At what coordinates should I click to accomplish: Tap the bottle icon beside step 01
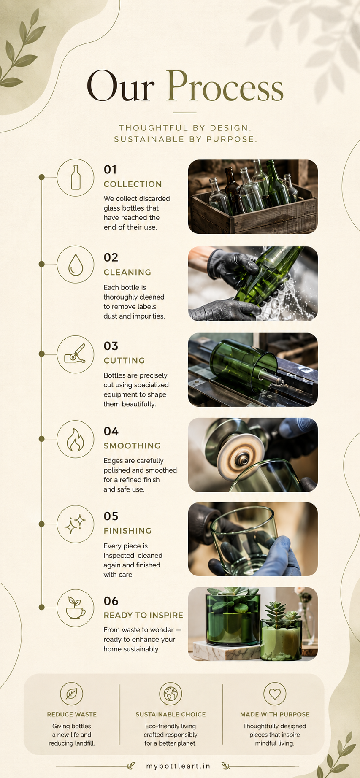pos(76,177)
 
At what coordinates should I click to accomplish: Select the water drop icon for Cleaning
pos(76,265)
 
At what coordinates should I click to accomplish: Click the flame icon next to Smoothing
pos(76,439)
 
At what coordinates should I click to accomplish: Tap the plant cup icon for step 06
pos(76,608)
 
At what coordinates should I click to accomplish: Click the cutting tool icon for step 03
pos(75,354)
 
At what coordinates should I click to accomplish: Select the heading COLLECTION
pos(133,184)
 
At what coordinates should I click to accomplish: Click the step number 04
pos(111,431)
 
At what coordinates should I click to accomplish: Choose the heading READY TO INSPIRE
pos(143,616)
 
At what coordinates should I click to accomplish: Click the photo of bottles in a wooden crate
pos(253,197)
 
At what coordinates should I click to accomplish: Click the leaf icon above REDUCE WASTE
pos(72,694)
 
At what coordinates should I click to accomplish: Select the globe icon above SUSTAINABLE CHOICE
pos(171,694)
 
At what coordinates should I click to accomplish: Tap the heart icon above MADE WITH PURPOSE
pos(275,694)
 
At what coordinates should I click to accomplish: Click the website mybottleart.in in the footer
pos(179,766)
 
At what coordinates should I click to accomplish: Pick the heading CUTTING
pos(125,361)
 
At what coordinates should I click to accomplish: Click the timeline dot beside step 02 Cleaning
pos(41,264)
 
